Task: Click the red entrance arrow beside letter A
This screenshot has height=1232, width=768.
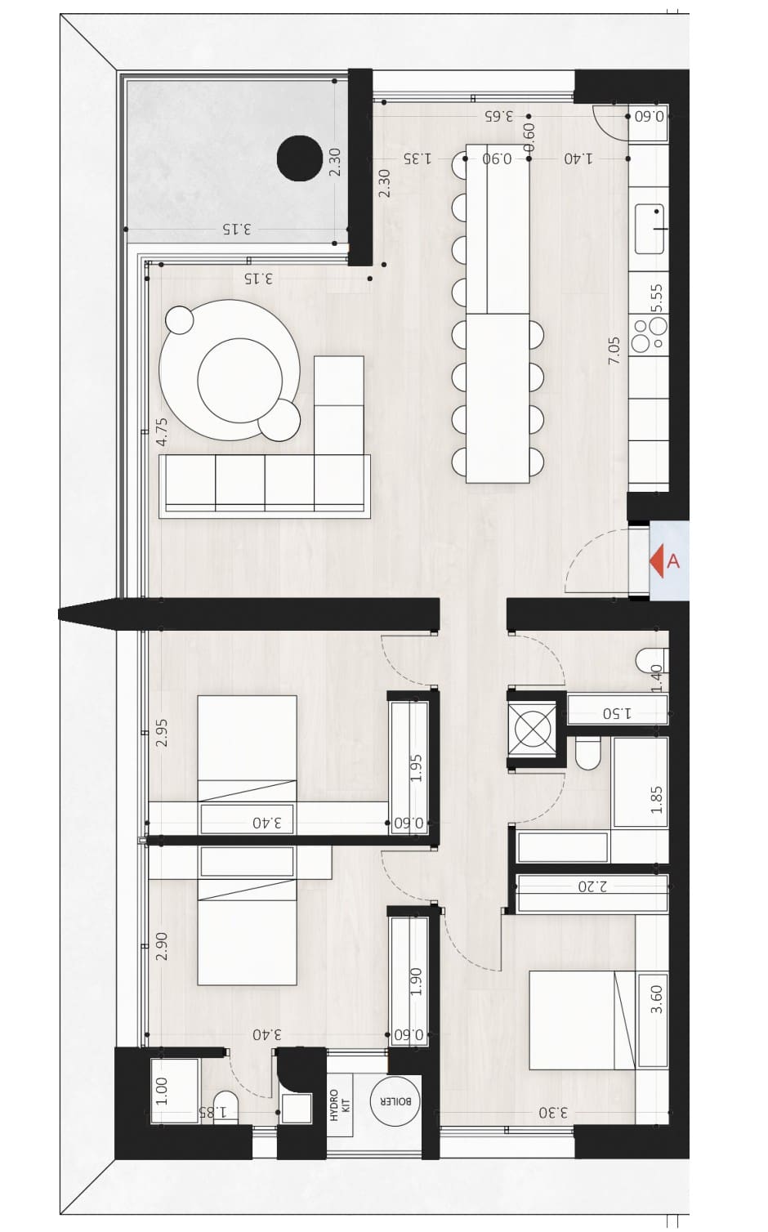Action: click(657, 561)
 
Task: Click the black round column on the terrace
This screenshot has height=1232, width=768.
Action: click(299, 158)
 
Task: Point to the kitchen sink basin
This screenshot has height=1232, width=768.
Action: click(650, 229)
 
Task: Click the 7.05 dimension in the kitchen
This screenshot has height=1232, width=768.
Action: click(614, 350)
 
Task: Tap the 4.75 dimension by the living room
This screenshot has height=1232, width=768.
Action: click(161, 431)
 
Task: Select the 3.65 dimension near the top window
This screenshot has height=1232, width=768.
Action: click(499, 116)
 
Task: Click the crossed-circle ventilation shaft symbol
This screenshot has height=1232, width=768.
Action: click(531, 730)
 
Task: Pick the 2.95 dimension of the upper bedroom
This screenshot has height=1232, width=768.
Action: click(161, 733)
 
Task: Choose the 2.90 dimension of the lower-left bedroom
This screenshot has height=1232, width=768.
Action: click(161, 946)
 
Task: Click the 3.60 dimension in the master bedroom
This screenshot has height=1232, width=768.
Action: click(656, 999)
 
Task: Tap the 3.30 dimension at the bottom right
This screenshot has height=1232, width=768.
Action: click(553, 1113)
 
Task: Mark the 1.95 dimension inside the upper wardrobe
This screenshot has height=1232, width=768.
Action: click(416, 768)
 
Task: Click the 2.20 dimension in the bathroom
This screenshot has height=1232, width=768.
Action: click(592, 886)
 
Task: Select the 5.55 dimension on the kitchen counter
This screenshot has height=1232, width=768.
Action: click(656, 297)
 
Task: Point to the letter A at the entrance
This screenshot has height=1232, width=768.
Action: click(673, 561)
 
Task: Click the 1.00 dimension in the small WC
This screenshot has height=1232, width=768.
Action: click(161, 1091)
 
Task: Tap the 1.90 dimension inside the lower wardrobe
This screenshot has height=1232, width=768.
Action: click(416, 981)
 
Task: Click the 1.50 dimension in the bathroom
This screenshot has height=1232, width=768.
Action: click(617, 713)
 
